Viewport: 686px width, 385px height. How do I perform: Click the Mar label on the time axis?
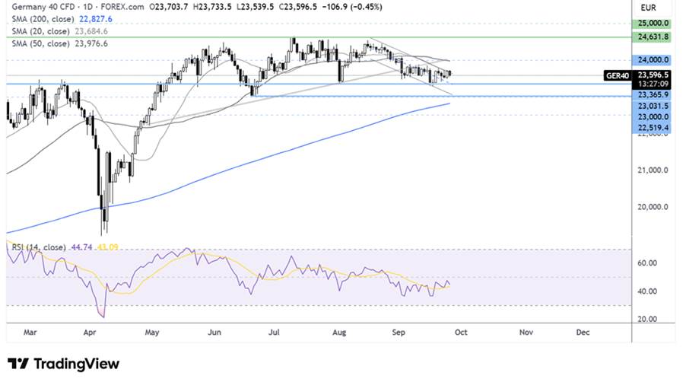pyautogui.click(x=29, y=332)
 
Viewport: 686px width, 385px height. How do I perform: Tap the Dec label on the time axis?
pyautogui.click(x=583, y=332)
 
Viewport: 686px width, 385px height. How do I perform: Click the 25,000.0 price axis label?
pyautogui.click(x=653, y=24)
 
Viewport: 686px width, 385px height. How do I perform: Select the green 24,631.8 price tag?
pyautogui.click(x=653, y=37)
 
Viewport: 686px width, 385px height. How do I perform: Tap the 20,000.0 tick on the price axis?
pyautogui.click(x=653, y=207)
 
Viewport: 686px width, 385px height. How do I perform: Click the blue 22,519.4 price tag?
pyautogui.click(x=653, y=129)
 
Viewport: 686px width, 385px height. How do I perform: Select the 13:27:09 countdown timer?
pyautogui.click(x=653, y=84)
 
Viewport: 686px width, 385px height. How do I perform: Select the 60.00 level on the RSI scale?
pyautogui.click(x=648, y=263)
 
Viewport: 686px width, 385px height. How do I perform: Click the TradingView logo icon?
pyautogui.click(x=18, y=364)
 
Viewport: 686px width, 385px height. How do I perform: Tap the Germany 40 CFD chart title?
pyautogui.click(x=39, y=7)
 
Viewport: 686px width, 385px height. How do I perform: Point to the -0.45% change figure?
pyautogui.click(x=367, y=7)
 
